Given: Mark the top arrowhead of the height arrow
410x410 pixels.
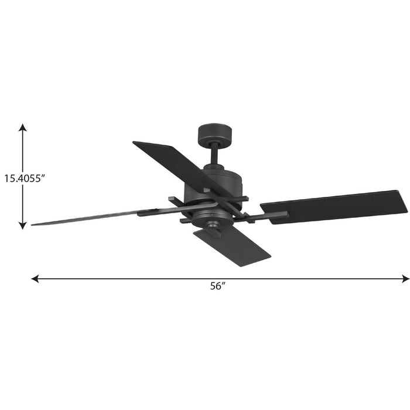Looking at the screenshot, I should tap(22, 127).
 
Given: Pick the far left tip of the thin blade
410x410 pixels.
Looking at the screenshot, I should tap(33, 224).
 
